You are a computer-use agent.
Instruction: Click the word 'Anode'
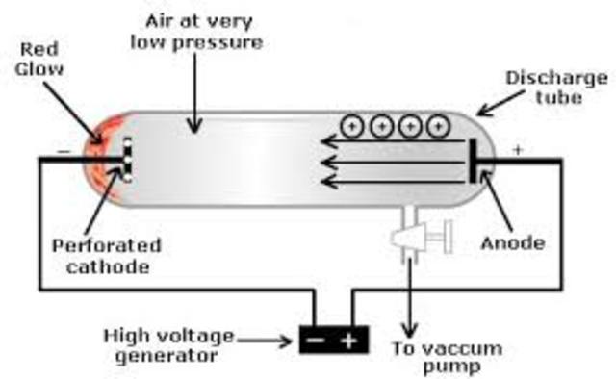[511, 243]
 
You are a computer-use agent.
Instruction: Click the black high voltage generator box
[332, 339]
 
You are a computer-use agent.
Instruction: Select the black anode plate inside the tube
[474, 159]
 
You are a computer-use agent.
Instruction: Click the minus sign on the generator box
[316, 340]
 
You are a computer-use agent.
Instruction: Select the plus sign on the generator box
[348, 340]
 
